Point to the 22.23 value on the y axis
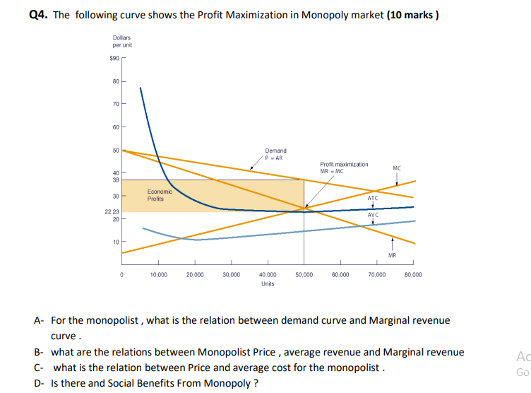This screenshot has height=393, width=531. [112, 211]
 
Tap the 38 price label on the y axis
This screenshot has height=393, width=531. [116, 180]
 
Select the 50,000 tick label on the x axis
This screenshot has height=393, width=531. [304, 274]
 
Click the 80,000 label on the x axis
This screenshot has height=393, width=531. [413, 274]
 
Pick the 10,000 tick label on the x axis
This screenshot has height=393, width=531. [159, 274]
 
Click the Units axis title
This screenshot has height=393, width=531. [268, 283]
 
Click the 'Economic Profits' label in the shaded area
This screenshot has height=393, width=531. [157, 195]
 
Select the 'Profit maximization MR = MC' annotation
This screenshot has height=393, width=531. [344, 167]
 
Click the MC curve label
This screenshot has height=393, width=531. [396, 168]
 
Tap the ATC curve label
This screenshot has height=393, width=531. [373, 198]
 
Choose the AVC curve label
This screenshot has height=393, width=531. [373, 214]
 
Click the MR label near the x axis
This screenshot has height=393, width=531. [392, 255]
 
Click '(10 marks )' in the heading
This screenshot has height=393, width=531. [413, 16]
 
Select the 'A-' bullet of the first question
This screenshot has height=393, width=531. [40, 320]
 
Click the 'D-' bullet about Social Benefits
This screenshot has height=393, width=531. [40, 383]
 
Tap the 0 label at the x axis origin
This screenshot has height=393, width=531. [122, 274]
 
